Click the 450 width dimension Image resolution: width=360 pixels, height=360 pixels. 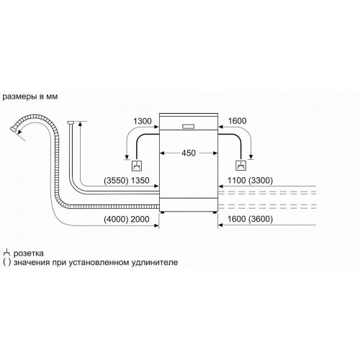(189, 153)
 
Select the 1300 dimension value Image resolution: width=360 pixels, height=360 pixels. (143, 121)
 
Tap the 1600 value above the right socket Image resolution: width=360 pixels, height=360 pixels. (237, 121)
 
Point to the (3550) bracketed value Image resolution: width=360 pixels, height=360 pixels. (116, 181)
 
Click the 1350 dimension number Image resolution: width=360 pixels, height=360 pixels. (140, 181)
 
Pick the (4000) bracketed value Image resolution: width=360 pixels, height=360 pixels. (116, 219)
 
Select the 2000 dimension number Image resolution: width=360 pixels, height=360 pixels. (140, 219)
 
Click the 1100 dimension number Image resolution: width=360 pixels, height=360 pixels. (237, 181)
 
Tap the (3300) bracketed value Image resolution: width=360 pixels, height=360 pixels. (261, 181)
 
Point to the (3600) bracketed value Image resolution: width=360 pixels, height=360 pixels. (261, 219)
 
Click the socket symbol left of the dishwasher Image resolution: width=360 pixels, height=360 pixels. (137, 166)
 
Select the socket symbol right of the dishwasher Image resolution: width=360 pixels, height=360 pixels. (240, 166)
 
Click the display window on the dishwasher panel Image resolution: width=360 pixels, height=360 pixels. (189, 127)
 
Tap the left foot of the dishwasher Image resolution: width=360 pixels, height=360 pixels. (163, 212)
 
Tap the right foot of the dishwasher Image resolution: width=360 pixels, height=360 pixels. (215, 212)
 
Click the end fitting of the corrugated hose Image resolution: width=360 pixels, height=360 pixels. (14, 130)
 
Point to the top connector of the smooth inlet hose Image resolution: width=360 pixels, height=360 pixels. (70, 122)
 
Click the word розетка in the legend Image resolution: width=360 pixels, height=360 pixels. (29, 253)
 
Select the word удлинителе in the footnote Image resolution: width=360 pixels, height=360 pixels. (155, 262)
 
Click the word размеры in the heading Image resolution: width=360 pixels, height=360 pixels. (19, 96)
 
